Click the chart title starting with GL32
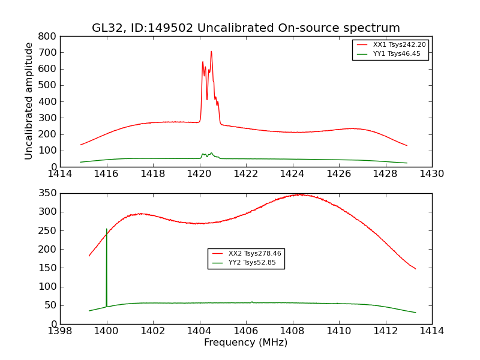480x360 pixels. click(245, 28)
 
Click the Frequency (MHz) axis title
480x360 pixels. click(245, 343)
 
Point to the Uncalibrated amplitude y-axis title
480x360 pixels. click(29, 101)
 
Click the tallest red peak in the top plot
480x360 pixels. click(211, 52)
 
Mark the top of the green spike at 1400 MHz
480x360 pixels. click(107, 229)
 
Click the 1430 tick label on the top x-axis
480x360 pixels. click(431, 174)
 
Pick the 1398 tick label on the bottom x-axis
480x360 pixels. click(60, 331)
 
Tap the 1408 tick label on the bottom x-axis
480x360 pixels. click(292, 331)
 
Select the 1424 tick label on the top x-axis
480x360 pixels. click(292, 174)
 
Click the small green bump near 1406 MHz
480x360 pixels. click(251, 302)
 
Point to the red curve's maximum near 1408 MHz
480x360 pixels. click(298, 194)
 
